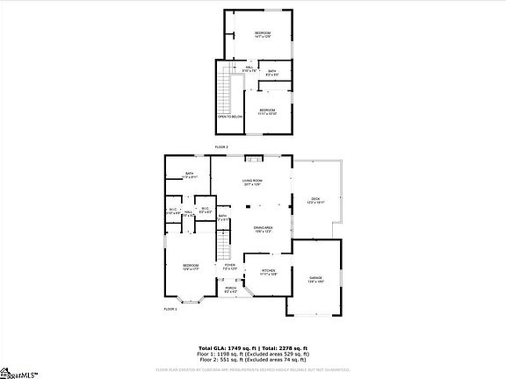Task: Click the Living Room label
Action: [253, 182]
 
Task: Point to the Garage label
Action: [315, 279]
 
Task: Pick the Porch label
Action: [231, 290]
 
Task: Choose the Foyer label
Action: [229, 266]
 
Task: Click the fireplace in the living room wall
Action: [253, 159]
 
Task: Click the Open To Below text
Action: [230, 116]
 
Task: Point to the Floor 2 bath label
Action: [272, 72]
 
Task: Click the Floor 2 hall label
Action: [250, 68]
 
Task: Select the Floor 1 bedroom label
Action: [191, 267]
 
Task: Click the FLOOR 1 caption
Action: [170, 309]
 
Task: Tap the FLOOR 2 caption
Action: [221, 146]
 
